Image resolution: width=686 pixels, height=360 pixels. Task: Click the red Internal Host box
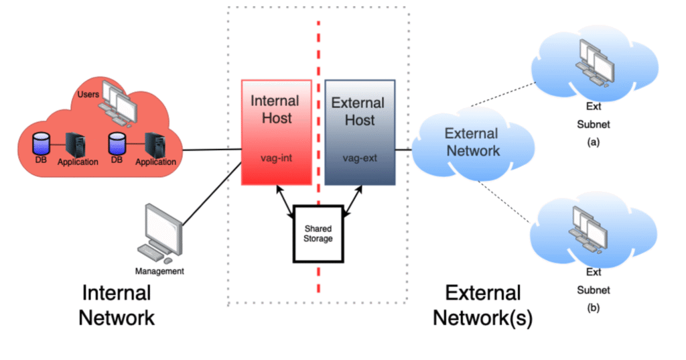click(x=276, y=133)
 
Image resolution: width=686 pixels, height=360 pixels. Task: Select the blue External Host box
click(x=360, y=133)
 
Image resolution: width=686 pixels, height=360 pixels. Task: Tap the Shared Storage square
click(x=318, y=234)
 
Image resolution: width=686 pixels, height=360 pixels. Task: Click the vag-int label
click(x=276, y=160)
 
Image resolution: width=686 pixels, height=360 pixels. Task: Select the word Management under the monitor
click(x=159, y=272)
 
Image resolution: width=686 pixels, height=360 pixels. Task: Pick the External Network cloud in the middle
click(x=472, y=142)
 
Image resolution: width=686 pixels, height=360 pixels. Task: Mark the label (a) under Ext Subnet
click(x=594, y=143)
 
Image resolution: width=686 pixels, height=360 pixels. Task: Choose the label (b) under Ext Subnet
click(x=594, y=308)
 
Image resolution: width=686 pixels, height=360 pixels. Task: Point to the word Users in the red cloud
click(x=88, y=95)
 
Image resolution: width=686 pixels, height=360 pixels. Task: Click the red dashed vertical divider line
click(x=318, y=67)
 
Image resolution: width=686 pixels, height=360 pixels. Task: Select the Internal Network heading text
click(x=117, y=305)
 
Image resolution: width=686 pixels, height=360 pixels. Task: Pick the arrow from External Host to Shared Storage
click(x=354, y=201)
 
